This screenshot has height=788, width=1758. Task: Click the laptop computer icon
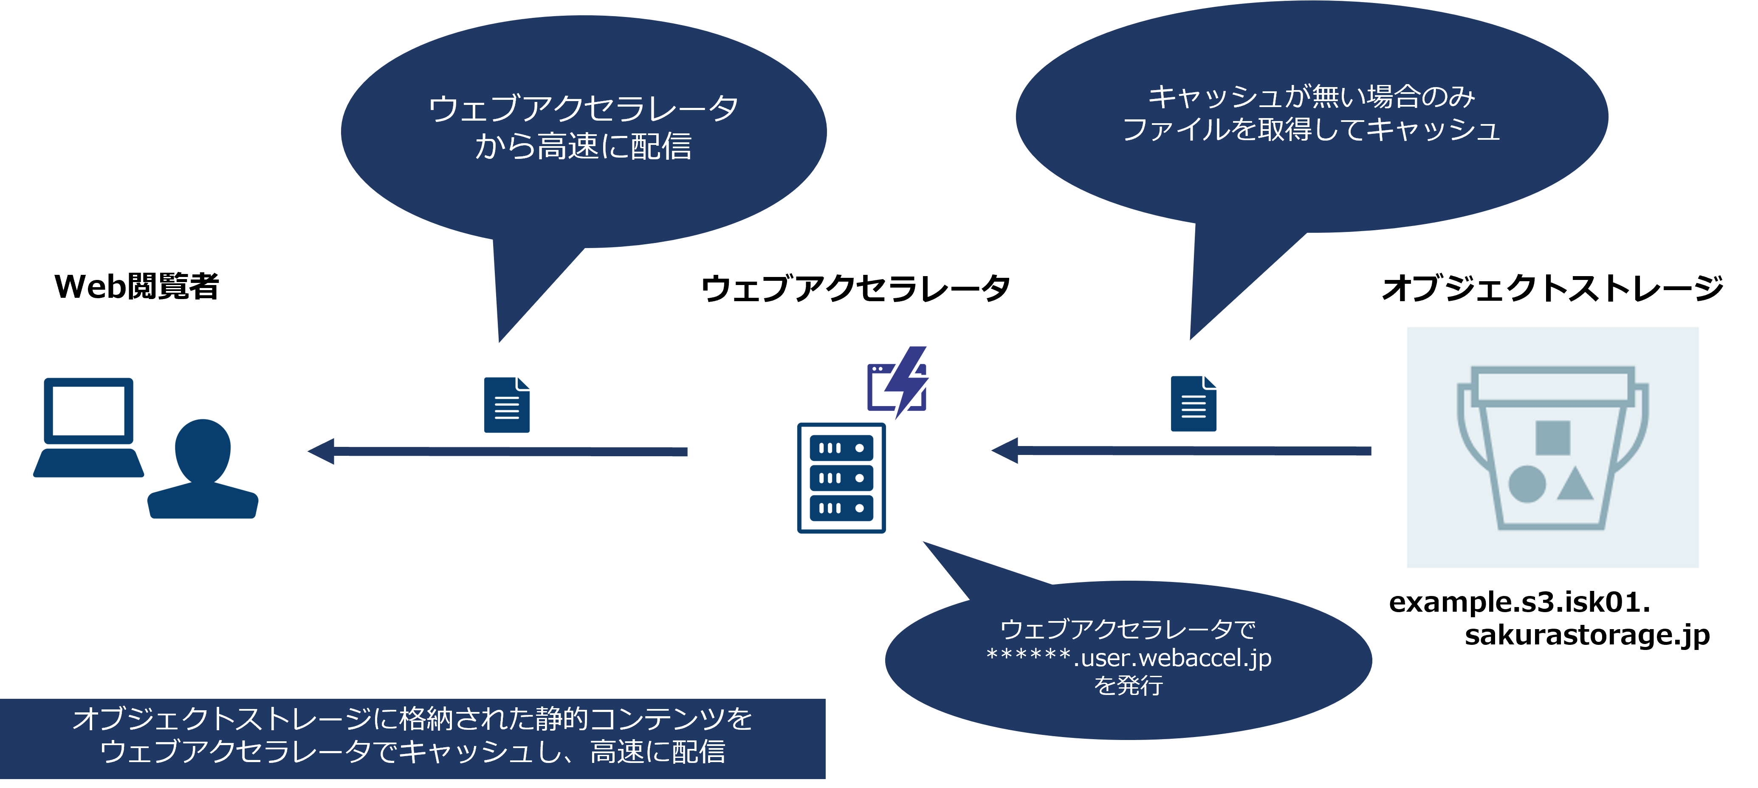coord(89,426)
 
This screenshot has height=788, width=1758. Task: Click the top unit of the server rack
coord(841,448)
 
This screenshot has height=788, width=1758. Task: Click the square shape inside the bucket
coord(1552,437)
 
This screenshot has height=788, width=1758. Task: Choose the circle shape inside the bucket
coord(1527,484)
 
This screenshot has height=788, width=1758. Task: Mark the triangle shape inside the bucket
coord(1575,484)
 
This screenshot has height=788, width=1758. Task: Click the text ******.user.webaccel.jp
coord(1129,658)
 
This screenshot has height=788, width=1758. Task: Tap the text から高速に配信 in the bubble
coord(584,147)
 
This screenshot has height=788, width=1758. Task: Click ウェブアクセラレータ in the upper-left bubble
coord(584,109)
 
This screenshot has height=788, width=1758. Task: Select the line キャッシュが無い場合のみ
coord(1311,97)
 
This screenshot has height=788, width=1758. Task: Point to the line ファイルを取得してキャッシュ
coord(1311,130)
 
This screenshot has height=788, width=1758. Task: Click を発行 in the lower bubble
coord(1129,685)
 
